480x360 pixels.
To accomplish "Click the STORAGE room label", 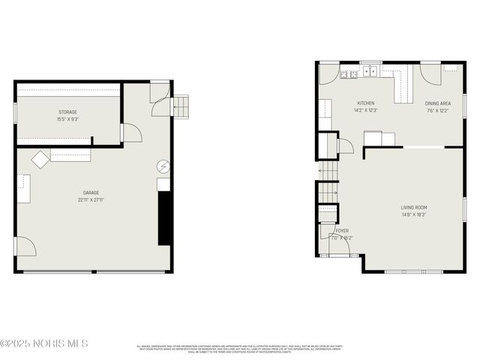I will pyautogui.click(x=67, y=112).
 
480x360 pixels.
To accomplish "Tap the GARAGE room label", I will pyautogui.click(x=91, y=193).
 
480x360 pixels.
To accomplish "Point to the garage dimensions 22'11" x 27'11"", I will pyautogui.click(x=91, y=200).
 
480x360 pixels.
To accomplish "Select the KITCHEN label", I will pyautogui.click(x=365, y=103).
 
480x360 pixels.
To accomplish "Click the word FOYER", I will pyautogui.click(x=342, y=230).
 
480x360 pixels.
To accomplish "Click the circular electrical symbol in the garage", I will pyautogui.click(x=163, y=166).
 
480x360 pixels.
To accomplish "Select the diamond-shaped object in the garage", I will pyautogui.click(x=39, y=159).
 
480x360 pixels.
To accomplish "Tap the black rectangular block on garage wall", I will pyautogui.click(x=163, y=217).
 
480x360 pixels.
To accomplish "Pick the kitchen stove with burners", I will pyautogui.click(x=348, y=73).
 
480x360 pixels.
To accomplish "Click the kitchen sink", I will pyautogui.click(x=370, y=73).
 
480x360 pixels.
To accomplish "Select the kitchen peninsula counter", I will pyautogui.click(x=404, y=85).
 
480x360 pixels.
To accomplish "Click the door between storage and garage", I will pyautogui.click(x=131, y=133).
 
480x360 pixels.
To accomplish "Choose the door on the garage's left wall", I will pyautogui.click(x=24, y=246).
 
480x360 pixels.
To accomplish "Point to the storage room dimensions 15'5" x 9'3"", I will pyautogui.click(x=67, y=119).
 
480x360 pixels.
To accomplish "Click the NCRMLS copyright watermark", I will pyautogui.click(x=45, y=343).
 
